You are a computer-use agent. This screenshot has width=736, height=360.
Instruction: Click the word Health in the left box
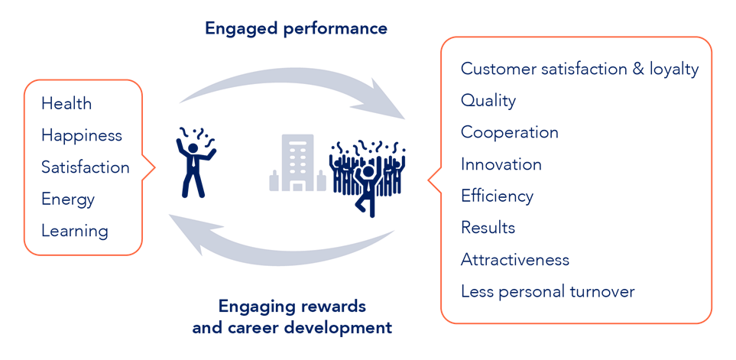coord(66,103)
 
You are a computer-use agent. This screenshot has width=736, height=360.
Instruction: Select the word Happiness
coord(82,135)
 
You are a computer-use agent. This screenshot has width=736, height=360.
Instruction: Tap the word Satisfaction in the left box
coord(85,167)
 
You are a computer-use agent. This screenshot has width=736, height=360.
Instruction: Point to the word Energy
coord(68,199)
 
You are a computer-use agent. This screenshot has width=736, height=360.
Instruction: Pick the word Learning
coord(75,231)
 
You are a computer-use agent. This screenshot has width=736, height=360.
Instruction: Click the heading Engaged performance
coord(296,29)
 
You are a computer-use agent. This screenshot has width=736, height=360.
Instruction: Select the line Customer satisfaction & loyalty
coord(579,69)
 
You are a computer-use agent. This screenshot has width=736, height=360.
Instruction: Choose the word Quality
coord(488,100)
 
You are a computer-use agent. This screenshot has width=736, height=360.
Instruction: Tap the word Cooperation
coord(509,132)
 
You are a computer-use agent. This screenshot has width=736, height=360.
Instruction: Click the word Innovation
coord(501,164)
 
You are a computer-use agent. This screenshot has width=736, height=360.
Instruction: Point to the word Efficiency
coord(497,196)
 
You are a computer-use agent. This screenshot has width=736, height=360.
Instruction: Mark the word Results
coord(488,228)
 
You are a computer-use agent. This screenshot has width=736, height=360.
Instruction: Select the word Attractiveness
coord(514,260)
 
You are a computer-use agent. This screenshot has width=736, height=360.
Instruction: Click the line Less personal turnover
coord(547,291)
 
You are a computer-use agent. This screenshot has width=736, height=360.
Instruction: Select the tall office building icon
coord(297,161)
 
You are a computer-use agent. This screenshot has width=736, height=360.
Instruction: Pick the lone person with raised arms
coord(194,162)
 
